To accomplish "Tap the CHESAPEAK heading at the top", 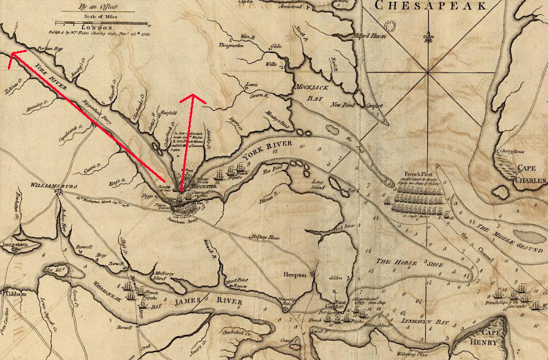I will pos(430,6).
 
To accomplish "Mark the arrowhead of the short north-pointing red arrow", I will pos(192,97).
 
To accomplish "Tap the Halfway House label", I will pos(264,237).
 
